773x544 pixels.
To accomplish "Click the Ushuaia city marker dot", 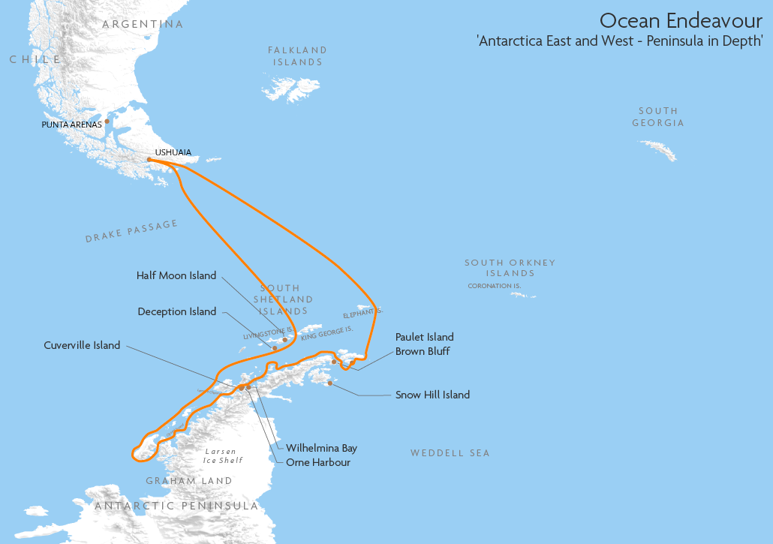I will [149, 159].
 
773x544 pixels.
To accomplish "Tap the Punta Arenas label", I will [71, 125].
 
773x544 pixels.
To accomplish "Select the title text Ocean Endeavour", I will [681, 20].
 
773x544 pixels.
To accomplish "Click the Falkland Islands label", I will [298, 56].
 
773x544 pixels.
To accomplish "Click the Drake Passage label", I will [131, 231].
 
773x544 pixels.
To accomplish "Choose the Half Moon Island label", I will [176, 275].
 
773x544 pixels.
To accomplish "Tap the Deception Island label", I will [177, 311].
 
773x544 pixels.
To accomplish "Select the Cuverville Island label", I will [82, 346].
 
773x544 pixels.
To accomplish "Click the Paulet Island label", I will [425, 338].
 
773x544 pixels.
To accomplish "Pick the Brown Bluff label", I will [423, 351].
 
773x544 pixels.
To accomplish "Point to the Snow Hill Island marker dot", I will [330, 383].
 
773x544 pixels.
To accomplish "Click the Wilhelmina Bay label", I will [321, 448].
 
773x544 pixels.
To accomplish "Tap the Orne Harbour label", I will [318, 462].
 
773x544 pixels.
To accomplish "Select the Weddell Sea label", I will [450, 453].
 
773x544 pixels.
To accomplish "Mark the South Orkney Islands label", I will [510, 268].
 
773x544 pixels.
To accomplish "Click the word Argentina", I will [143, 24].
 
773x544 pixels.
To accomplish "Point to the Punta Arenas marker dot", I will [107, 121].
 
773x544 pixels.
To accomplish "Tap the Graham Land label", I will [189, 481].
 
